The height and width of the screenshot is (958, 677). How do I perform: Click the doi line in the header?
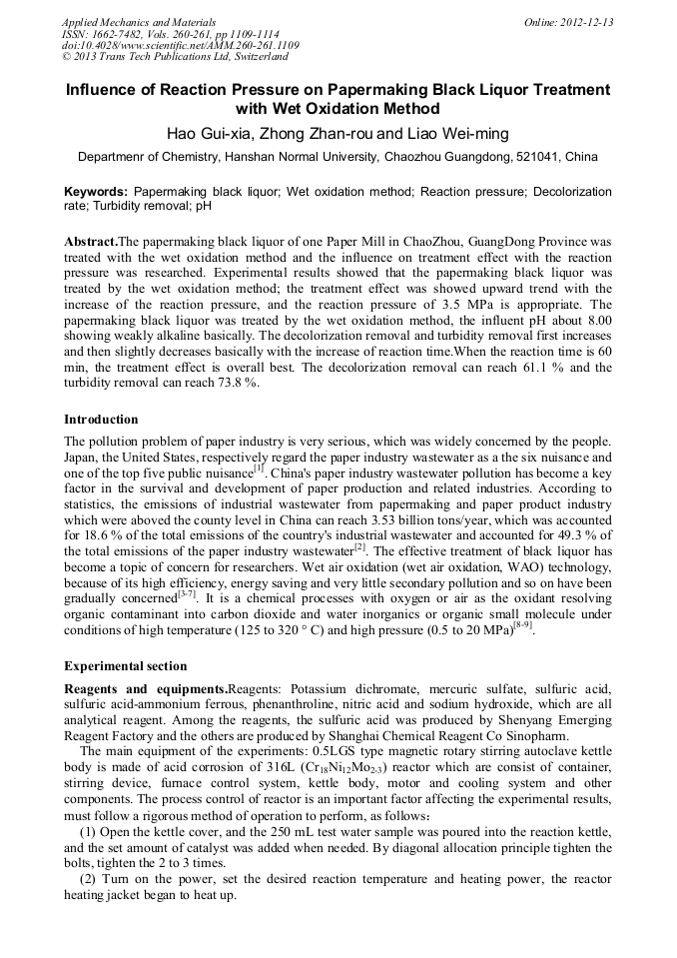[x=180, y=46]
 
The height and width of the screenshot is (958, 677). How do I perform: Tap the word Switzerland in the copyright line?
[x=259, y=58]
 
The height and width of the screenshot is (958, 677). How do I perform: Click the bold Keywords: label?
[x=96, y=191]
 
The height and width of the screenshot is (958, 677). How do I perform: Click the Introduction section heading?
[x=101, y=420]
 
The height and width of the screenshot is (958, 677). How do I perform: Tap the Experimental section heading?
[x=125, y=666]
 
